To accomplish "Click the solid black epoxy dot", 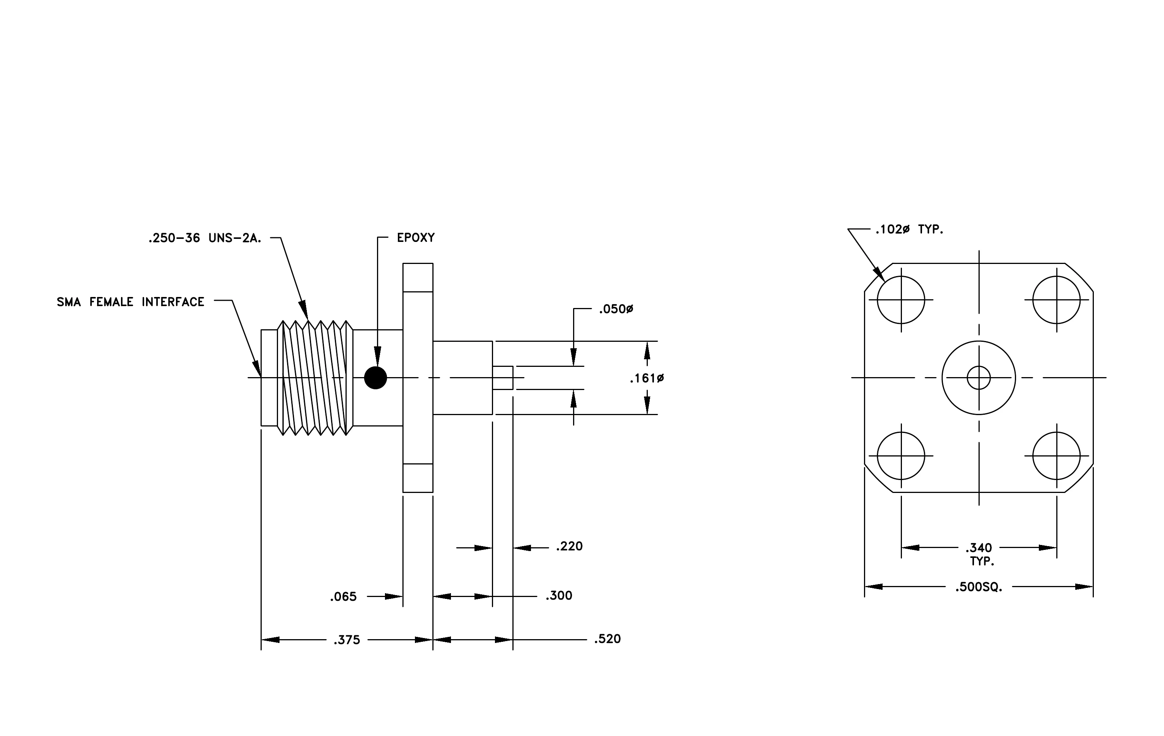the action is click(x=375, y=378).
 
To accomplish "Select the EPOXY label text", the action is click(x=416, y=238).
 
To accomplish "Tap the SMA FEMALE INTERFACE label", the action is click(x=130, y=302).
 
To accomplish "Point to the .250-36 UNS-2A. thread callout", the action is click(x=205, y=238).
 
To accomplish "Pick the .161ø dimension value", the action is click(x=647, y=378).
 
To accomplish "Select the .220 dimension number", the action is click(x=569, y=546).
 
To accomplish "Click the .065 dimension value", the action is click(x=343, y=597).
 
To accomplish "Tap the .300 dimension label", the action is click(x=559, y=595).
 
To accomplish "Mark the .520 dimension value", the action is click(x=608, y=639).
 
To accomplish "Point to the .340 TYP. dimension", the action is click(x=979, y=554).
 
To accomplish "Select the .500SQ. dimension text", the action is click(x=979, y=588).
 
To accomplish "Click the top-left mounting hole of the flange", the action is click(x=901, y=300).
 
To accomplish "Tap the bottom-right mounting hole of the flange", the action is click(x=1057, y=456).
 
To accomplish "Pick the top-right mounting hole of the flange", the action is click(x=1057, y=300).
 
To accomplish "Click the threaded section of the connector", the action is click(x=315, y=378).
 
